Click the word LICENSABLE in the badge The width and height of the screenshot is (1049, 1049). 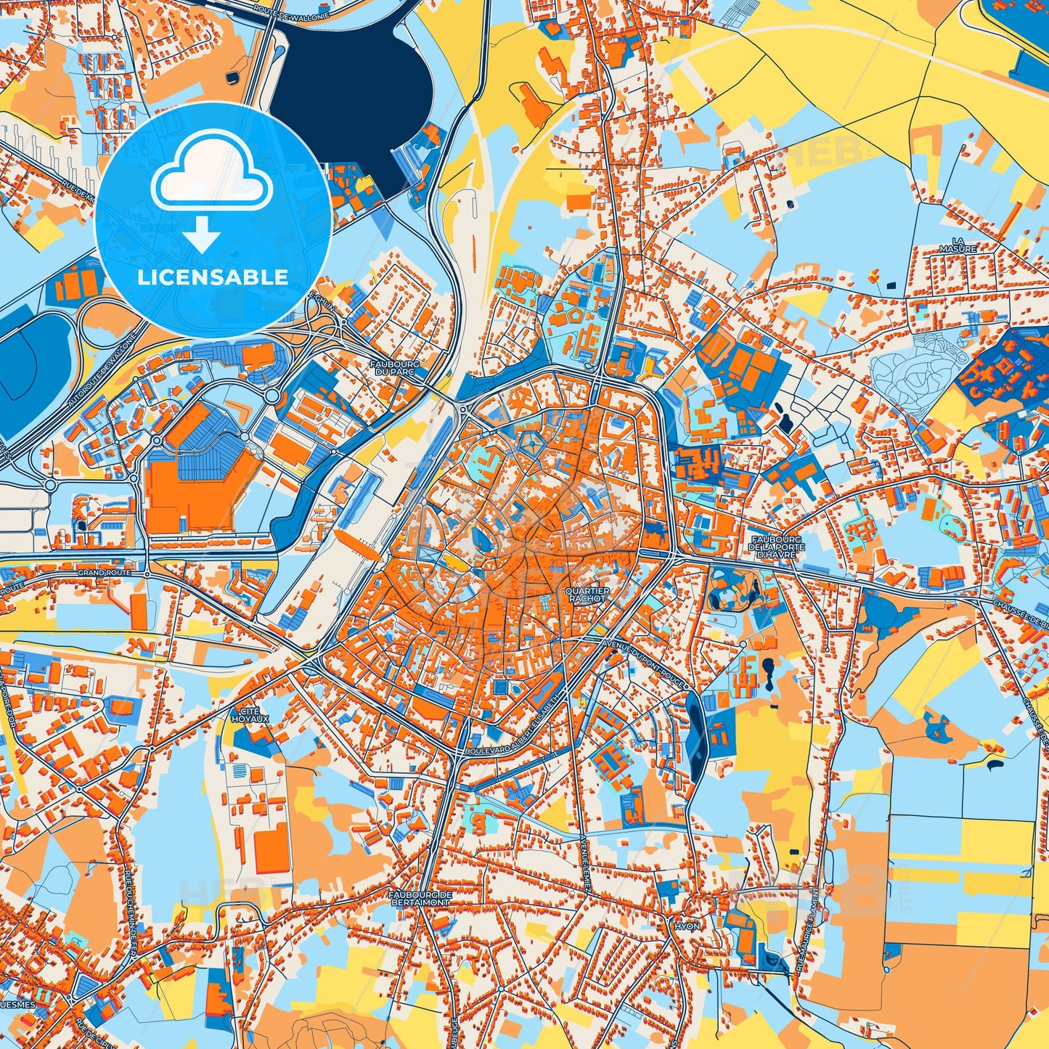tap(213, 277)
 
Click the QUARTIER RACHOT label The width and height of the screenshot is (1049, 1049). tap(587, 595)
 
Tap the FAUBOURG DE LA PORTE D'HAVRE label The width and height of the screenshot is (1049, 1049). tap(776, 547)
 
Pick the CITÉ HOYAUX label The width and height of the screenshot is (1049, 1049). tap(250, 714)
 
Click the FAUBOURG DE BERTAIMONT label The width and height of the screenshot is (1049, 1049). tap(420, 899)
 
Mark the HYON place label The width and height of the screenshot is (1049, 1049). tap(687, 927)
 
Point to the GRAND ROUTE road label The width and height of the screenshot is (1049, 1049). tap(105, 573)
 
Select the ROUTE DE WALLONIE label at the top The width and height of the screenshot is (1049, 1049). tap(282, 10)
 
